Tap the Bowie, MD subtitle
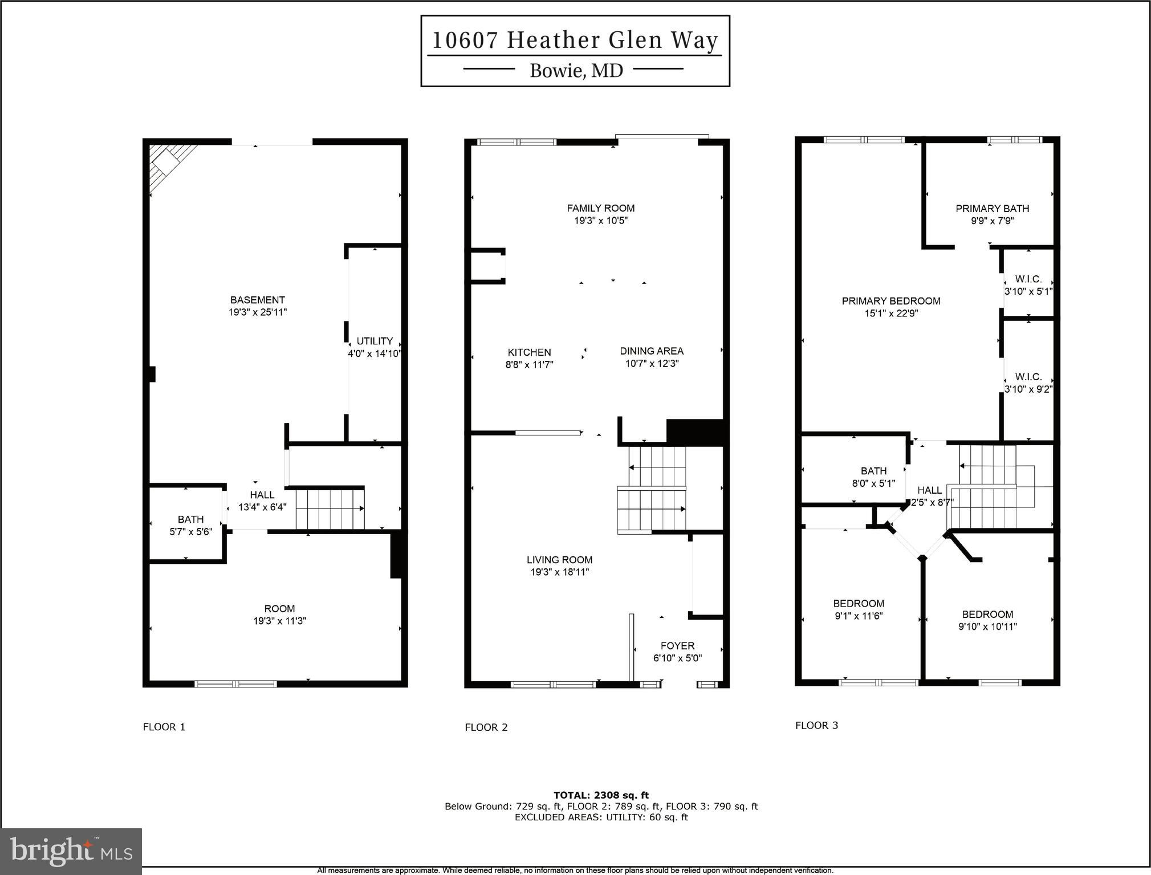tap(576, 71)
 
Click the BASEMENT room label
tap(258, 300)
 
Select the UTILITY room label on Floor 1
tap(375, 341)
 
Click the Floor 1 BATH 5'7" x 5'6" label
tap(190, 526)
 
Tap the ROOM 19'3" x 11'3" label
tap(279, 614)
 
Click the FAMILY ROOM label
tap(600, 209)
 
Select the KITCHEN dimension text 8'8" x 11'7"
tap(529, 365)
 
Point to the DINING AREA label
tap(652, 351)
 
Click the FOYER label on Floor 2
tap(677, 646)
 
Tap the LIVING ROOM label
tap(559, 560)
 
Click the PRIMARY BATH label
tap(992, 209)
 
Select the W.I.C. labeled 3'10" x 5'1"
tap(1028, 285)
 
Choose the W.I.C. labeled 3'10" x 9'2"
tap(1028, 383)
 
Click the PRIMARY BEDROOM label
tap(891, 301)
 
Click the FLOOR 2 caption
tap(486, 727)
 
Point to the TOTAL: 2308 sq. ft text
tap(601, 795)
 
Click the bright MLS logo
tap(71, 852)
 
